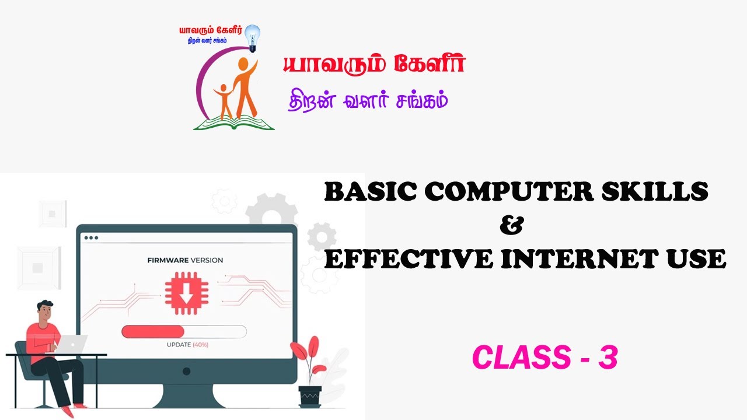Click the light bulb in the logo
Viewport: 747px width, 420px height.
tap(253, 38)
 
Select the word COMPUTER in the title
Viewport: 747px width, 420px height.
tap(509, 192)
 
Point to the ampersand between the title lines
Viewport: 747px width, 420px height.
tap(512, 225)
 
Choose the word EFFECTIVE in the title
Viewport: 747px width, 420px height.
tap(409, 258)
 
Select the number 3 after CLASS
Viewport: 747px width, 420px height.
tap(608, 357)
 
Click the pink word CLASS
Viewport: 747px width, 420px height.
tap(522, 357)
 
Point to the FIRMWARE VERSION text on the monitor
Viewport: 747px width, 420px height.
tap(185, 260)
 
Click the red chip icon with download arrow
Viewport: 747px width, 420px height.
tap(186, 293)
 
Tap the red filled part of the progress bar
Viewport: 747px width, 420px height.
tap(153, 332)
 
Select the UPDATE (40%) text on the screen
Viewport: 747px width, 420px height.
tap(187, 345)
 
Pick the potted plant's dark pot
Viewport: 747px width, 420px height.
tap(310, 397)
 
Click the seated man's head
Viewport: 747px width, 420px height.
tap(45, 311)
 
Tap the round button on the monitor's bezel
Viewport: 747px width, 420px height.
tap(186, 371)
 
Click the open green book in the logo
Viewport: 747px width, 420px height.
tap(234, 123)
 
